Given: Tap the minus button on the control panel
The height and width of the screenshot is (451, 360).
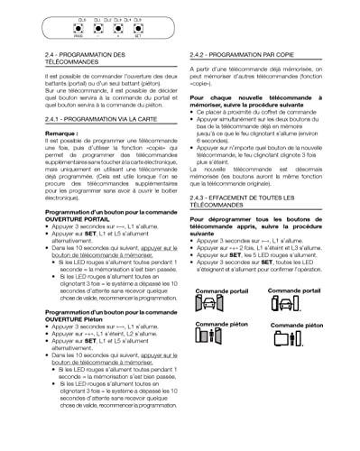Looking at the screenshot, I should [x=98, y=28].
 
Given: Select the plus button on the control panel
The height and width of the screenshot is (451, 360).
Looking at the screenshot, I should [x=117, y=28].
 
